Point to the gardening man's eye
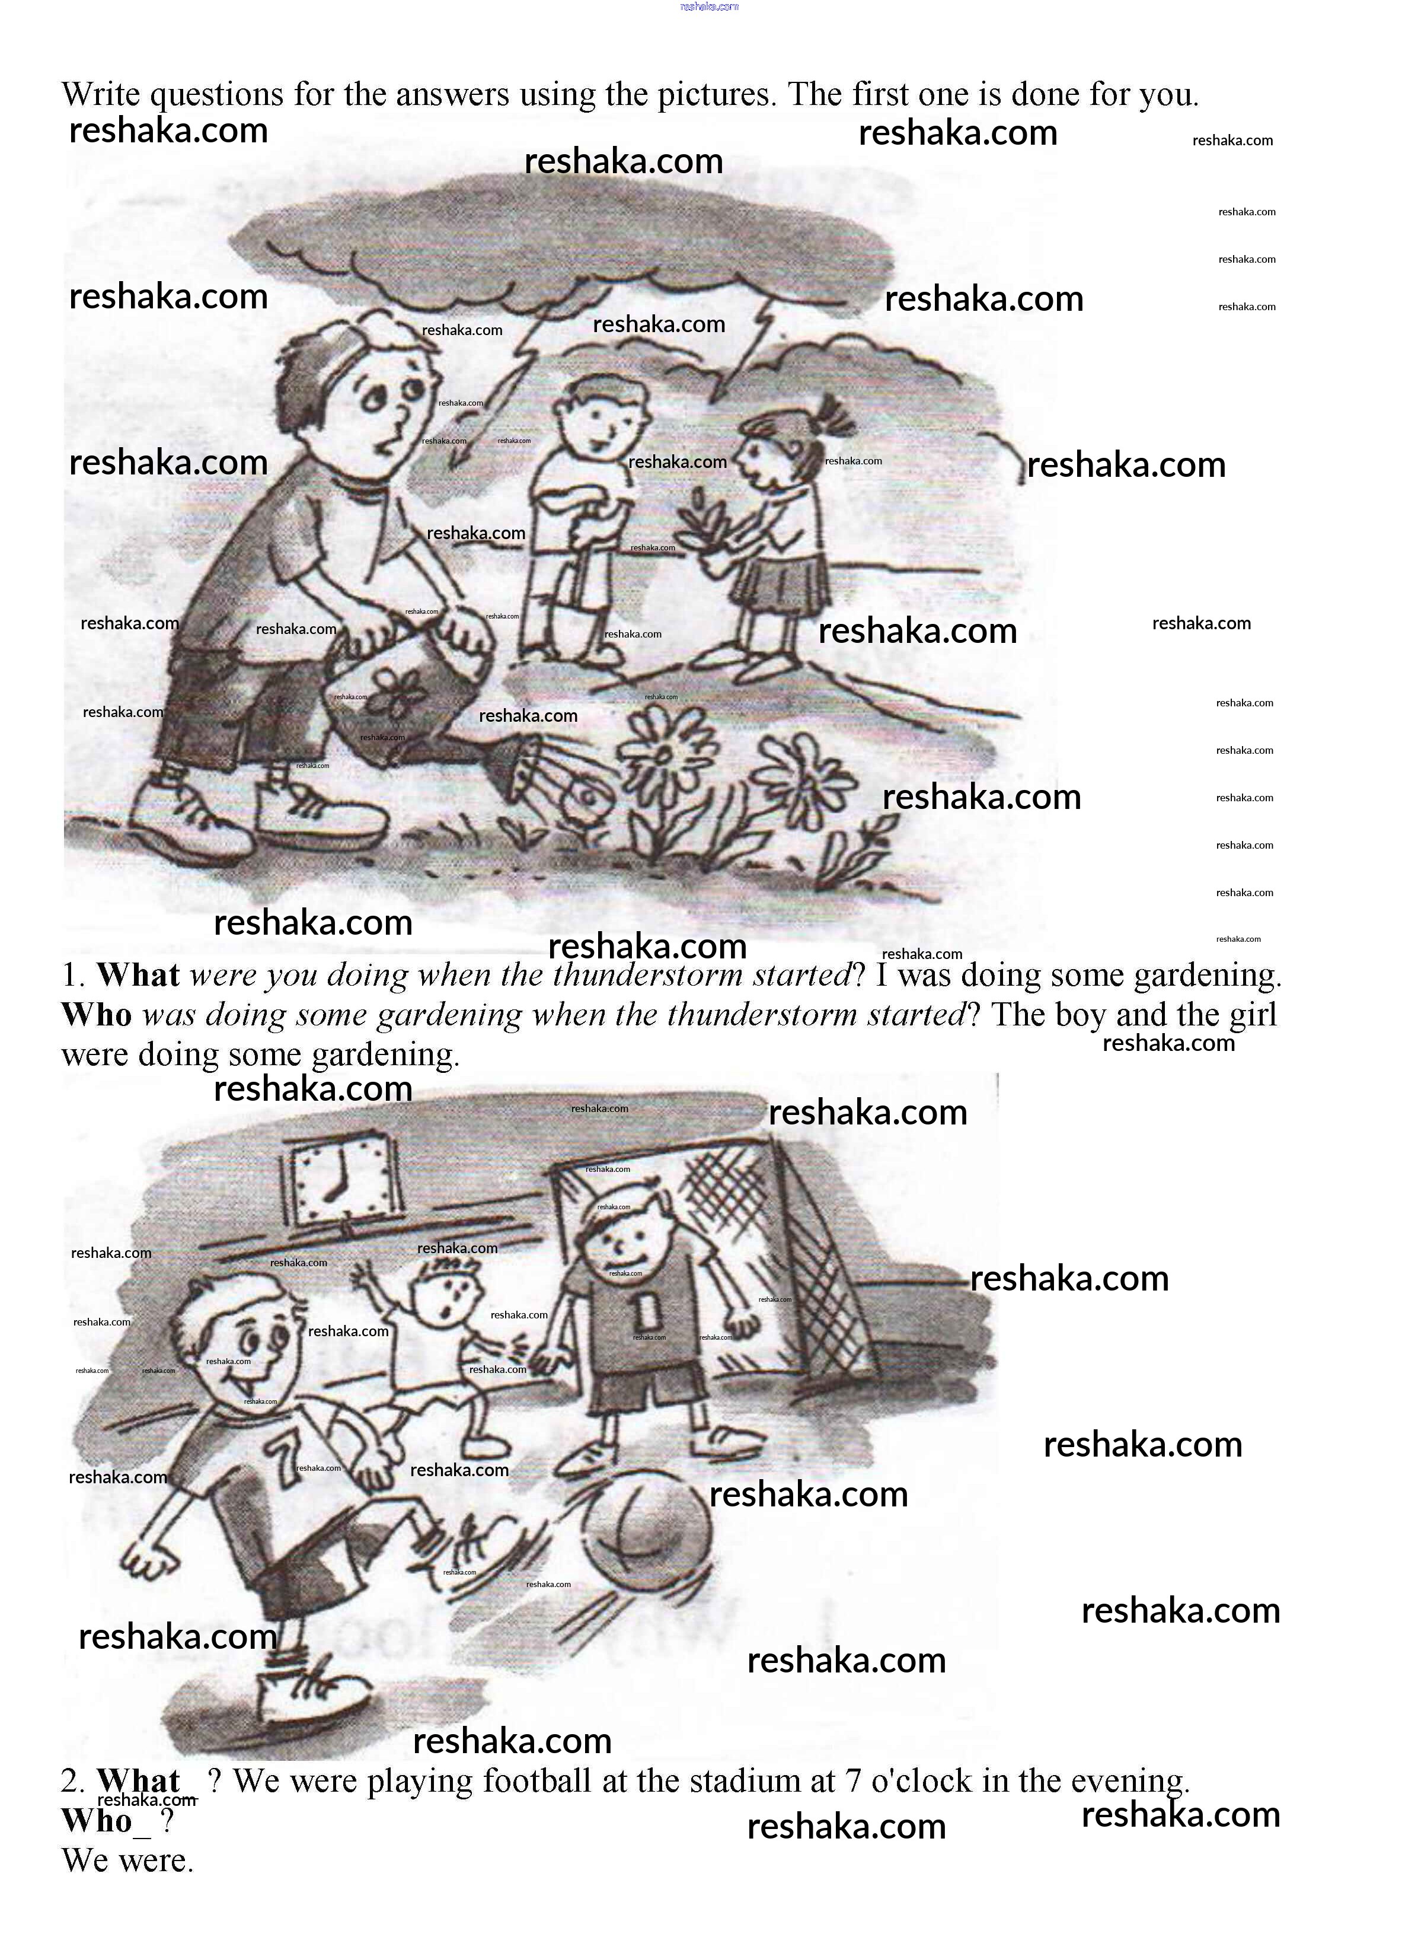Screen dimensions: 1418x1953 click(x=377, y=398)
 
